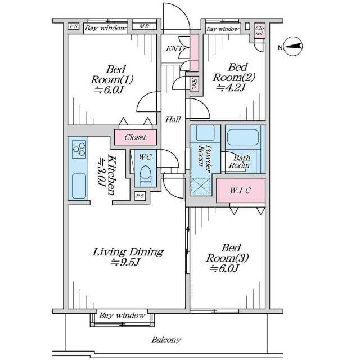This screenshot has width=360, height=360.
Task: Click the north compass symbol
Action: (292, 46)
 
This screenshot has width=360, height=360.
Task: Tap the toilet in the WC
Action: (145, 176)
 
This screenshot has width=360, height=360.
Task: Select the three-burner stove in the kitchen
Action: (79, 150)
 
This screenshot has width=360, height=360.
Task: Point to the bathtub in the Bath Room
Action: (242, 137)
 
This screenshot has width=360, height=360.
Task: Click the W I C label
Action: (240, 190)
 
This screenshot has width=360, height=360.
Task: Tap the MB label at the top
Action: (144, 26)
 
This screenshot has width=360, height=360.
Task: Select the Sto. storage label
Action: (194, 84)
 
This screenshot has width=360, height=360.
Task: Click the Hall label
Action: (173, 119)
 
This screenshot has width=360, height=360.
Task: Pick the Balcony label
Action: (166, 340)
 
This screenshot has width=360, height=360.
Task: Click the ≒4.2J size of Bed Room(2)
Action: (231, 87)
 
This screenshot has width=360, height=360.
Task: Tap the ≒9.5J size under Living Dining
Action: (125, 262)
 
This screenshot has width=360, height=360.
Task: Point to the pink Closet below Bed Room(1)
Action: (136, 137)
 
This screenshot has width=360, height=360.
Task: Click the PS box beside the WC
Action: (140, 196)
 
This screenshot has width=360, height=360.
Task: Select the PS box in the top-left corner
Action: (74, 26)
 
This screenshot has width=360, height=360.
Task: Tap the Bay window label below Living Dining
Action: (122, 316)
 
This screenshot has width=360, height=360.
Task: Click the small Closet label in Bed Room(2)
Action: (259, 31)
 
